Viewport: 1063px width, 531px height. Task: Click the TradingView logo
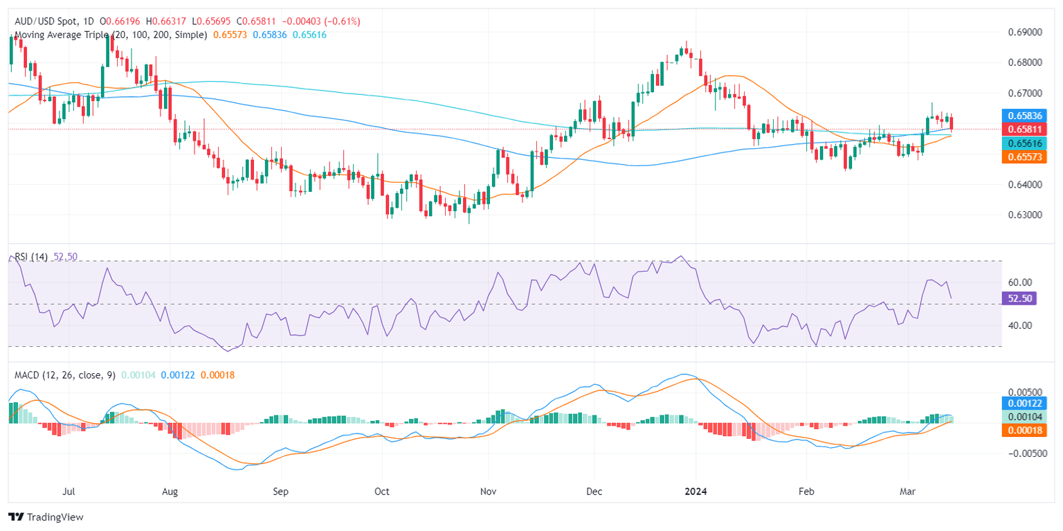pos(45,517)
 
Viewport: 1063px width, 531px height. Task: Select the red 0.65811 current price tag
pos(1024,129)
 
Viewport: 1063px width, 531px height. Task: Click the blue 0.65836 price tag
pos(1024,115)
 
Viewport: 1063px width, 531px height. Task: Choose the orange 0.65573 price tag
pos(1024,157)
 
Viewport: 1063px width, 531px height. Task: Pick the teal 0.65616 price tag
pos(1024,143)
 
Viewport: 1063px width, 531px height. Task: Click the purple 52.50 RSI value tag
pos(1019,298)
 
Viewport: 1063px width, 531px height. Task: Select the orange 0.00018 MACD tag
pos(1024,430)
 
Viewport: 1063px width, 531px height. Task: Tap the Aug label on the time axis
pos(170,492)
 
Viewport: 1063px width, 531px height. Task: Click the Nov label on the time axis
pos(488,492)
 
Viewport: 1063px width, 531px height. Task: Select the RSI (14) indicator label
pos(31,257)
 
